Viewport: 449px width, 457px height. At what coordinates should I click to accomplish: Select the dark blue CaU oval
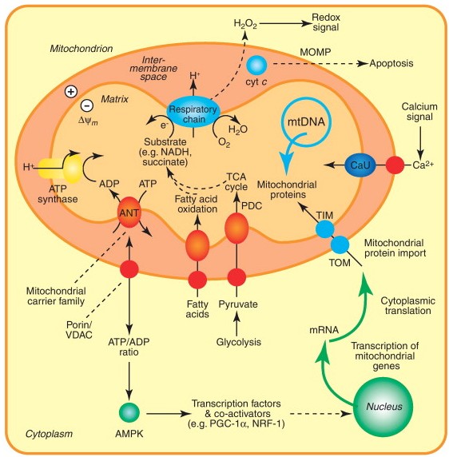360,165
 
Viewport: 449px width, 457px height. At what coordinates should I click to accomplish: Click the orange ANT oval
129,213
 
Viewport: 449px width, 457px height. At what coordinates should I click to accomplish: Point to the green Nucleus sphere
383,407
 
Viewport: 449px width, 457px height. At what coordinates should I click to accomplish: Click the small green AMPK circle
129,413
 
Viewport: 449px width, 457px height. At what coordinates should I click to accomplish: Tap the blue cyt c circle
256,66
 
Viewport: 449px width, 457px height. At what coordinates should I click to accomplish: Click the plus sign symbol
71,92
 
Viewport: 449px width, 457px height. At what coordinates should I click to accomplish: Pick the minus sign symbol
87,105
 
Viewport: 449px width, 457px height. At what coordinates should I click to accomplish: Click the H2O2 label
245,24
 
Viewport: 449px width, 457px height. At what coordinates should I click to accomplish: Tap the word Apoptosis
391,64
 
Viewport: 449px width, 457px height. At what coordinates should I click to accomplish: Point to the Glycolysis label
238,342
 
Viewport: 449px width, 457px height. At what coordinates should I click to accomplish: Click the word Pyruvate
238,304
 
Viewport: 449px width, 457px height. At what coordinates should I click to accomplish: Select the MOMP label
316,52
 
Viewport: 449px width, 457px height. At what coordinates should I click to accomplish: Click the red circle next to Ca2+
395,165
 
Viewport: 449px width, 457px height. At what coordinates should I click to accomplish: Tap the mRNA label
324,330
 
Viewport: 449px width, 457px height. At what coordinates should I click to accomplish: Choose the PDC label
252,206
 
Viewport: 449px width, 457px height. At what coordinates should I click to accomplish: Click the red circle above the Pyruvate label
236,277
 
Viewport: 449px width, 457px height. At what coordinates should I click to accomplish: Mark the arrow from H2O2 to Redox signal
285,24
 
